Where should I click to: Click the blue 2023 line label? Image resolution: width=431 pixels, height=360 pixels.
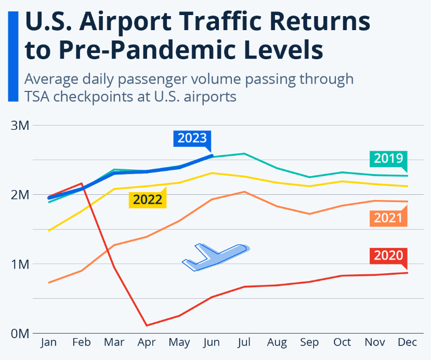pos(192,138)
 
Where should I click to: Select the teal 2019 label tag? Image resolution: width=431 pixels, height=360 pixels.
pos(388,158)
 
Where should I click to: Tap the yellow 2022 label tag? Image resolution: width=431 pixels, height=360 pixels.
pos(148,199)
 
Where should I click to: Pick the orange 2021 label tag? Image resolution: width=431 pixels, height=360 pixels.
pos(388,218)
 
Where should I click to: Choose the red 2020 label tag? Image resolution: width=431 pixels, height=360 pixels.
pos(388,255)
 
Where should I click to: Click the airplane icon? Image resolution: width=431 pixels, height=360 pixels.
pos(215,256)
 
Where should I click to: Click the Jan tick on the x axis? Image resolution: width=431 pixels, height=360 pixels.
pos(48,342)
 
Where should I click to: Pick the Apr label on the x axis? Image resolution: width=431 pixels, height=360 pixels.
pos(147,342)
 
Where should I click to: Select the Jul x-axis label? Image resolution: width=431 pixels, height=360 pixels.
pos(244,342)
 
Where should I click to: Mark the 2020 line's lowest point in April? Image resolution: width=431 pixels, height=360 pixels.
pos(147,326)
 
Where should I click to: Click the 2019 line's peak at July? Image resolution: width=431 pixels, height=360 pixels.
pos(244,154)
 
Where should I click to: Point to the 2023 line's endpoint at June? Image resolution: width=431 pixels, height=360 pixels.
pos(212,156)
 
